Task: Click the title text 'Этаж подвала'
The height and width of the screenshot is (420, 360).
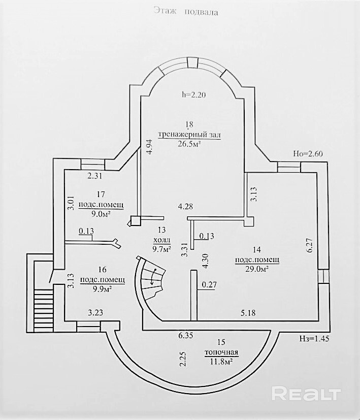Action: click(x=186, y=12)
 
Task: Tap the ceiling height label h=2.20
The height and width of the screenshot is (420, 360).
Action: click(x=193, y=94)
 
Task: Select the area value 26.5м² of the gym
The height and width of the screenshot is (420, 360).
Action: click(x=189, y=144)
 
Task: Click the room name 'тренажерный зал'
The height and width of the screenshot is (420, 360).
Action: click(x=189, y=135)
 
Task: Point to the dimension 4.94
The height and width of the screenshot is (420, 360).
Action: click(x=150, y=147)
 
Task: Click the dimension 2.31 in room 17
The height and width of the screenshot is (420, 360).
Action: click(x=95, y=176)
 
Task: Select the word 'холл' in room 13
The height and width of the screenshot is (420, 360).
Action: click(x=161, y=240)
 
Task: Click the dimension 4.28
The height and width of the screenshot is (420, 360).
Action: click(x=185, y=207)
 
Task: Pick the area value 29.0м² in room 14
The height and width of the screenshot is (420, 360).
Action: click(x=257, y=269)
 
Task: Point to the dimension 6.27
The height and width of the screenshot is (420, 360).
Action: click(x=310, y=246)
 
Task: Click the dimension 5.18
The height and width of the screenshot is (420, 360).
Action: click(x=248, y=312)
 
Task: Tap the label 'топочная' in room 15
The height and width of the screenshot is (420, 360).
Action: click(x=221, y=352)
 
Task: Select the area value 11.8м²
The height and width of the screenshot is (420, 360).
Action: click(x=221, y=362)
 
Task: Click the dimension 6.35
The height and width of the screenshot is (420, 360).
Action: click(x=186, y=335)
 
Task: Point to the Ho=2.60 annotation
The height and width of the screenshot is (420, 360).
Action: click(x=308, y=154)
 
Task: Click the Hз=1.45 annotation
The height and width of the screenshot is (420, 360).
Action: click(x=314, y=339)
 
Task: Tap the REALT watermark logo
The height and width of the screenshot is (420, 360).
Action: click(x=306, y=393)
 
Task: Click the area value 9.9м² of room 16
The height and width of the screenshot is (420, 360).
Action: click(x=101, y=289)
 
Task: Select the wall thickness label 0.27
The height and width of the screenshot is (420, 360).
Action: click(x=209, y=284)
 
